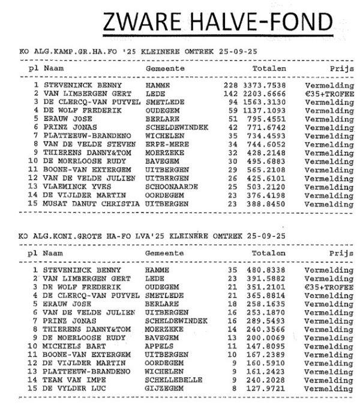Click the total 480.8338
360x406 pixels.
(269, 270)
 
